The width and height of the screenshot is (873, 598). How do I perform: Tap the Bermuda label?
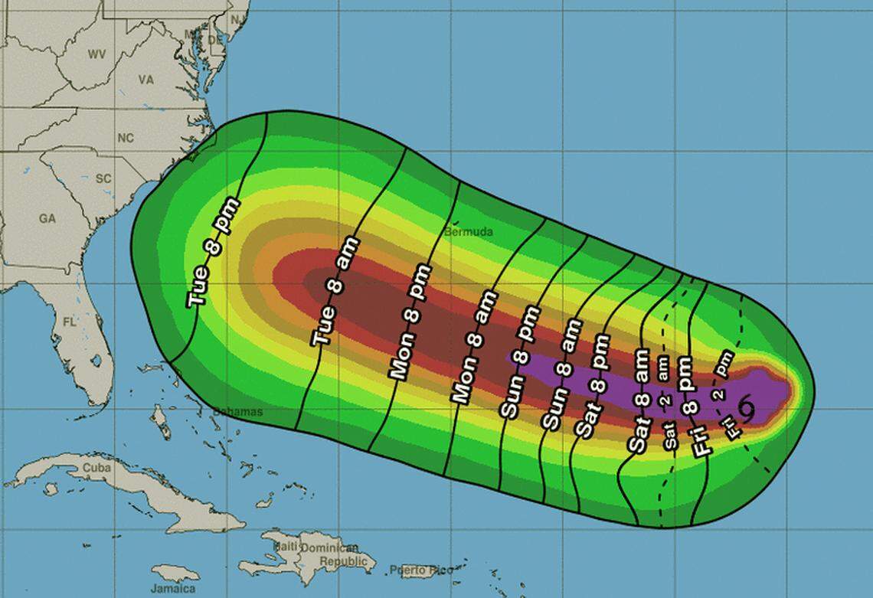click(469, 231)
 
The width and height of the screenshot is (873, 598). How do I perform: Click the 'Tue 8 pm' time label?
click(214, 253)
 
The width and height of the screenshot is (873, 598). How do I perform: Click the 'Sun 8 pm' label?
click(519, 361)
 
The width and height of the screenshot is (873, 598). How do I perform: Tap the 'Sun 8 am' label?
click(560, 374)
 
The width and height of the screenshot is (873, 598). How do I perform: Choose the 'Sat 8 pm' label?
click(593, 385)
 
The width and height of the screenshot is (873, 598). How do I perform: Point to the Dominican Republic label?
click(330, 554)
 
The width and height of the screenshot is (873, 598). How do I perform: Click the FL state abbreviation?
click(69, 322)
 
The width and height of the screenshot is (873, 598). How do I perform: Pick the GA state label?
click(47, 218)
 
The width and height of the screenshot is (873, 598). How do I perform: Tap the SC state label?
click(103, 178)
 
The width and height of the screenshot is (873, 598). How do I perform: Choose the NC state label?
click(125, 138)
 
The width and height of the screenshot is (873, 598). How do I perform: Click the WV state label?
click(96, 54)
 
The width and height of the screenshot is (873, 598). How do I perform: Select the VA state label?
click(145, 80)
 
